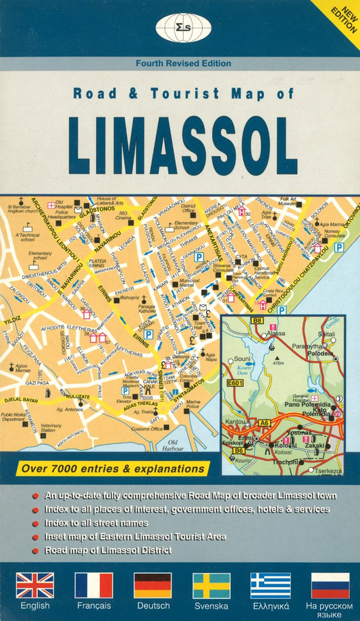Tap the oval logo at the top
[x=179, y=28]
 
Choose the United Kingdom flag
[x=35, y=585]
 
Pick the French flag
[x=94, y=585]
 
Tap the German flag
[x=153, y=585]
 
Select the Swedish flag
[x=211, y=585]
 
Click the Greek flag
[x=270, y=585]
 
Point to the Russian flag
[x=330, y=585]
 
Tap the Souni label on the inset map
[x=242, y=358]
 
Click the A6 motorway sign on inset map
[x=265, y=423]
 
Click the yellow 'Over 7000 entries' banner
[x=113, y=468]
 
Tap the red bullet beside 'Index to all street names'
[x=35, y=524]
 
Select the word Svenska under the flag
[x=211, y=606]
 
